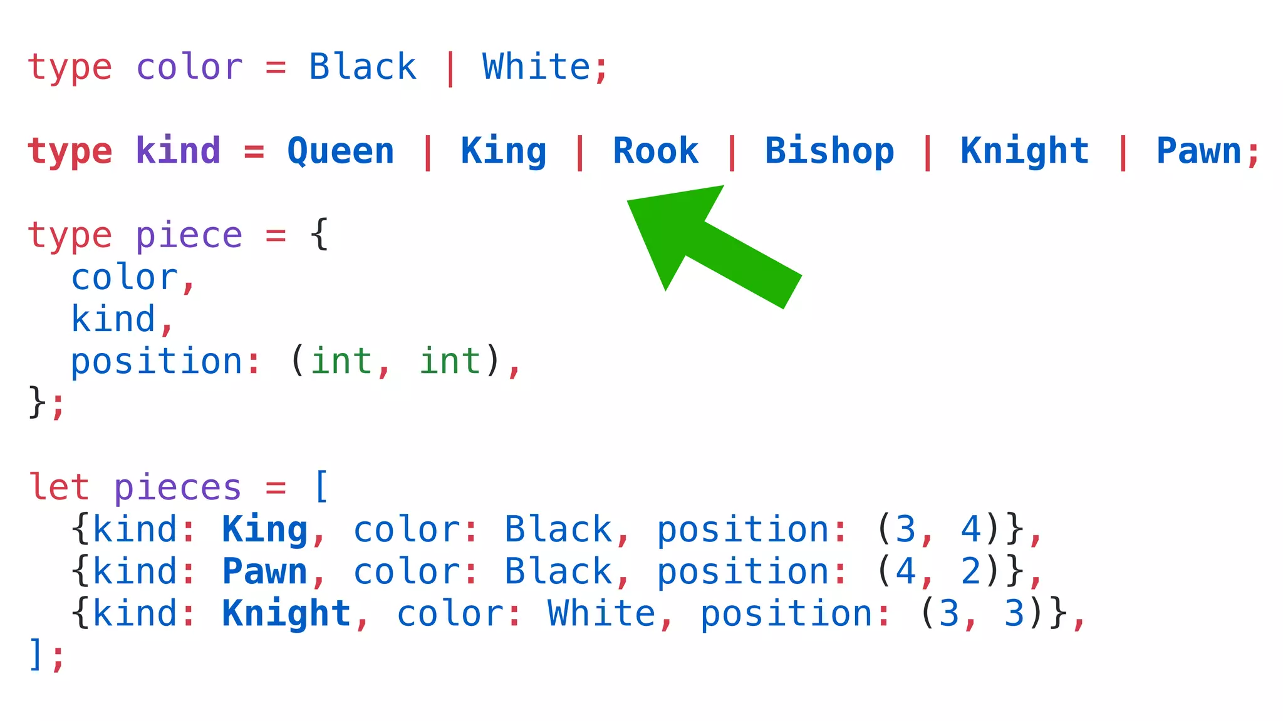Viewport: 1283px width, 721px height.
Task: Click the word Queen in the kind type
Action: [341, 151]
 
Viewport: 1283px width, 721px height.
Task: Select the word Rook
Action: [655, 151]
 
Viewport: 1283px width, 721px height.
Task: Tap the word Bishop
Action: [829, 151]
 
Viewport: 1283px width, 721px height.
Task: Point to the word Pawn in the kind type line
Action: [1198, 151]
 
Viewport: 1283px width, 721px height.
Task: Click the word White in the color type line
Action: [536, 67]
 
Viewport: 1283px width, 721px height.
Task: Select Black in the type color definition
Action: [363, 67]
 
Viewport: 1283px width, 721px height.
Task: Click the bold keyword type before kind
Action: [70, 151]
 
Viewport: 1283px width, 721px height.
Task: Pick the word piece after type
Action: [189, 236]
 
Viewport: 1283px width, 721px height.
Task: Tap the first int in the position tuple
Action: [341, 361]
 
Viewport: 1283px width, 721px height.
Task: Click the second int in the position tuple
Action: [450, 361]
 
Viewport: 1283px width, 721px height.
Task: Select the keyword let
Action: [59, 487]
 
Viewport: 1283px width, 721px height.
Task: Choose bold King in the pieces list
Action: [264, 529]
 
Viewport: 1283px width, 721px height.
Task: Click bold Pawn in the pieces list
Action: [264, 571]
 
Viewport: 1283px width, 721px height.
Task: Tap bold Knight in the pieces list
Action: [286, 613]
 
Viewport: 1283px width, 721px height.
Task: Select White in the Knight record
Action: [601, 613]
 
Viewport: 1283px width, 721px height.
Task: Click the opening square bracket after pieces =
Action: [321, 487]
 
